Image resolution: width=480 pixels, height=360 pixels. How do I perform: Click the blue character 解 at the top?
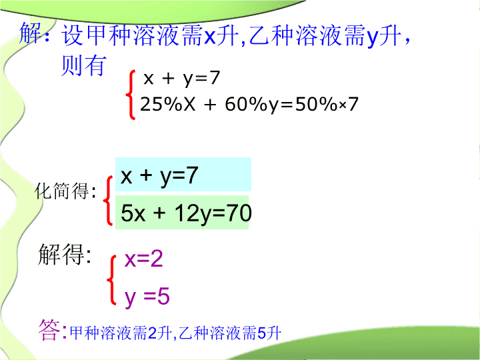pyautogui.click(x=30, y=33)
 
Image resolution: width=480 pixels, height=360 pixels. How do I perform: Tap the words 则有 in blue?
pyautogui.click(x=83, y=65)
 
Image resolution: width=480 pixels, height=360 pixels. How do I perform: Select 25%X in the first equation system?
pyautogui.click(x=167, y=104)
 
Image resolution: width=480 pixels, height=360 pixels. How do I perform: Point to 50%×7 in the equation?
pyautogui.click(x=327, y=104)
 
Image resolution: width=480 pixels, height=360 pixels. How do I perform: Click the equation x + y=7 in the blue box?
pyautogui.click(x=159, y=175)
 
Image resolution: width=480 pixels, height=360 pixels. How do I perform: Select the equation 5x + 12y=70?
pyautogui.click(x=186, y=213)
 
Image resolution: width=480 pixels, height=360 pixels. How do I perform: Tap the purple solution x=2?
pyautogui.click(x=143, y=259)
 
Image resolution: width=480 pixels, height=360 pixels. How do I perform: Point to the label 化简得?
pyautogui.click(x=65, y=191)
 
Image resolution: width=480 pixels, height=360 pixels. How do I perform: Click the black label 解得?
pyautogui.click(x=64, y=254)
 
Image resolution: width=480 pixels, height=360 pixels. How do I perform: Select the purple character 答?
pyautogui.click(x=49, y=330)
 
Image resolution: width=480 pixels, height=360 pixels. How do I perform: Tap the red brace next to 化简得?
pyautogui.click(x=108, y=201)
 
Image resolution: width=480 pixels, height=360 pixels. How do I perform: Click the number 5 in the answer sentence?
pyautogui.click(x=262, y=333)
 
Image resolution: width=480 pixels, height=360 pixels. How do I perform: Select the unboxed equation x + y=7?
pyautogui.click(x=181, y=79)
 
